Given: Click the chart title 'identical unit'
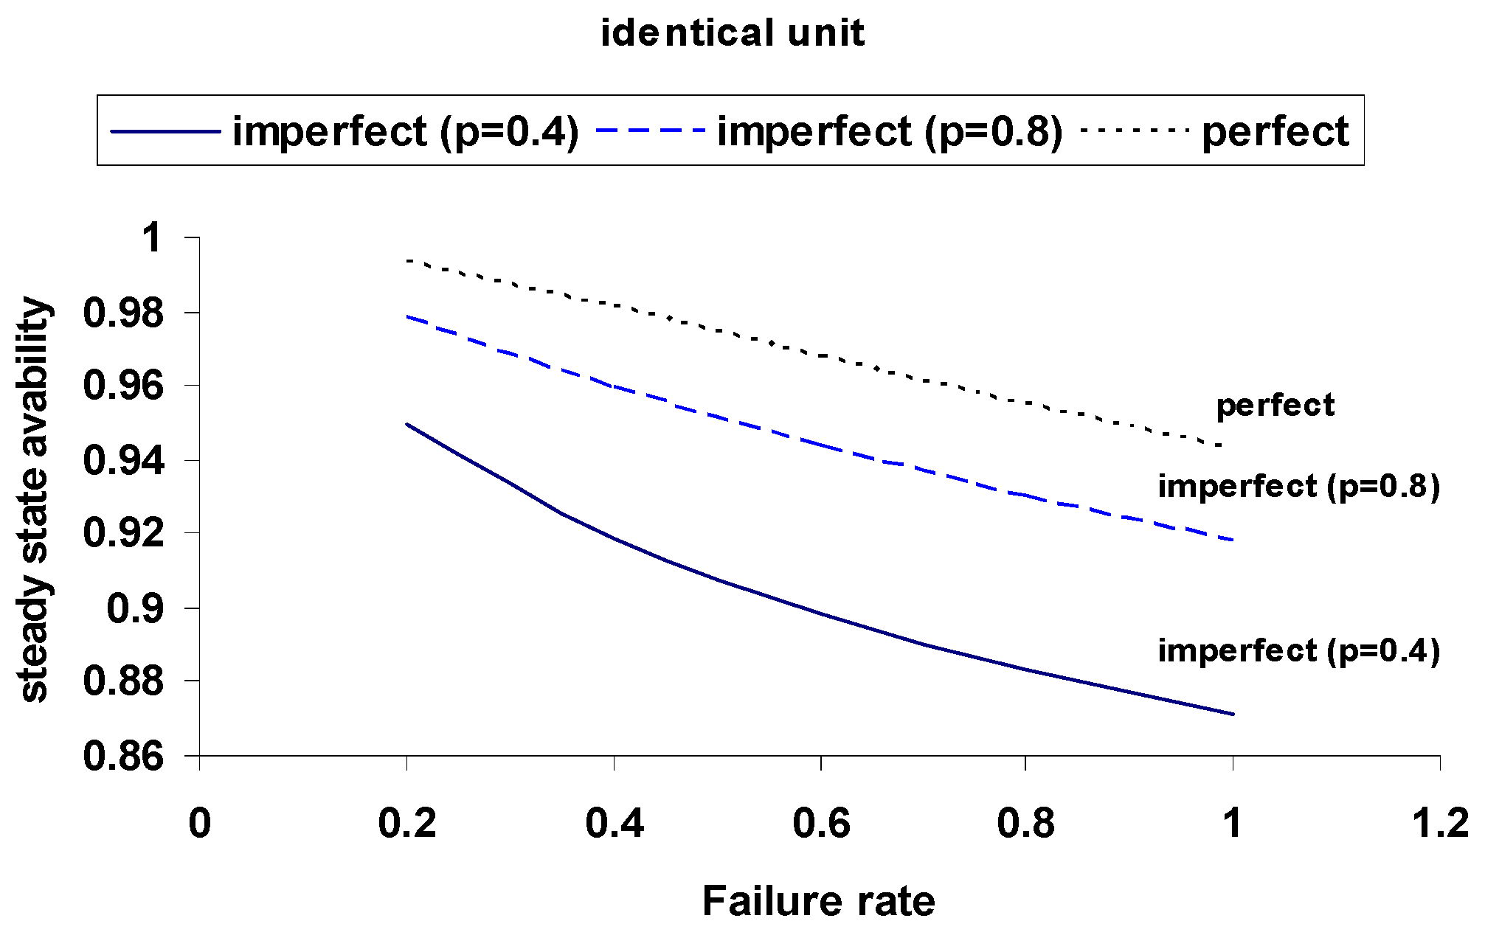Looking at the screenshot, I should coord(733,34).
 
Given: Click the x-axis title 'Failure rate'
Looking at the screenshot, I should coord(818,901).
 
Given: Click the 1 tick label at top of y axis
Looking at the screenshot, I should coord(153,238).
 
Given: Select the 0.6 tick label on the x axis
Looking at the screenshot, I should coord(821,823).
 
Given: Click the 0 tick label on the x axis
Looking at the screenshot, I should coord(200,823).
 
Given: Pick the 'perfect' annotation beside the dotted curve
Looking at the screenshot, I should coord(1275,406).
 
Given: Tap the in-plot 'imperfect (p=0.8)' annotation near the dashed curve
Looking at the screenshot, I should coord(1298,487).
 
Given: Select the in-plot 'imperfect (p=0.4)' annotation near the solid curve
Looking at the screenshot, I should coord(1298,651).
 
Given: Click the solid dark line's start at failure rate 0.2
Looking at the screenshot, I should coord(407,424).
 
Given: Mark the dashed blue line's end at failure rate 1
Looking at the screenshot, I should coord(1233,541).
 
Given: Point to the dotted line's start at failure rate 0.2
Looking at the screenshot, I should coord(407,260).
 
